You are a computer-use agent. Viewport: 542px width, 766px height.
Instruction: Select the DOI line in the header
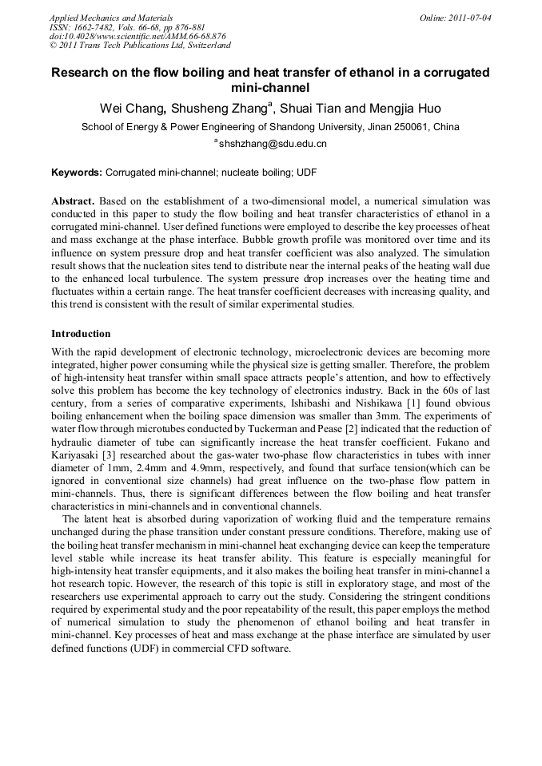pos(137,36)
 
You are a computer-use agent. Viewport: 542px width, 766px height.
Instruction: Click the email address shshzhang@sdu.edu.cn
pos(273,145)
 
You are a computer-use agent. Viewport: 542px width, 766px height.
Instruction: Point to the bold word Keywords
pos(76,173)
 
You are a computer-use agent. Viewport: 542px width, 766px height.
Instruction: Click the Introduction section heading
pos(81,333)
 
